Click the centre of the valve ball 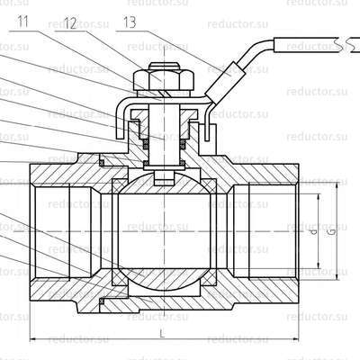(x=164, y=230)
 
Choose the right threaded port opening (x=270, y=230)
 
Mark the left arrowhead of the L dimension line (x=34, y=338)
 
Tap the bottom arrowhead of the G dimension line (x=338, y=277)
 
